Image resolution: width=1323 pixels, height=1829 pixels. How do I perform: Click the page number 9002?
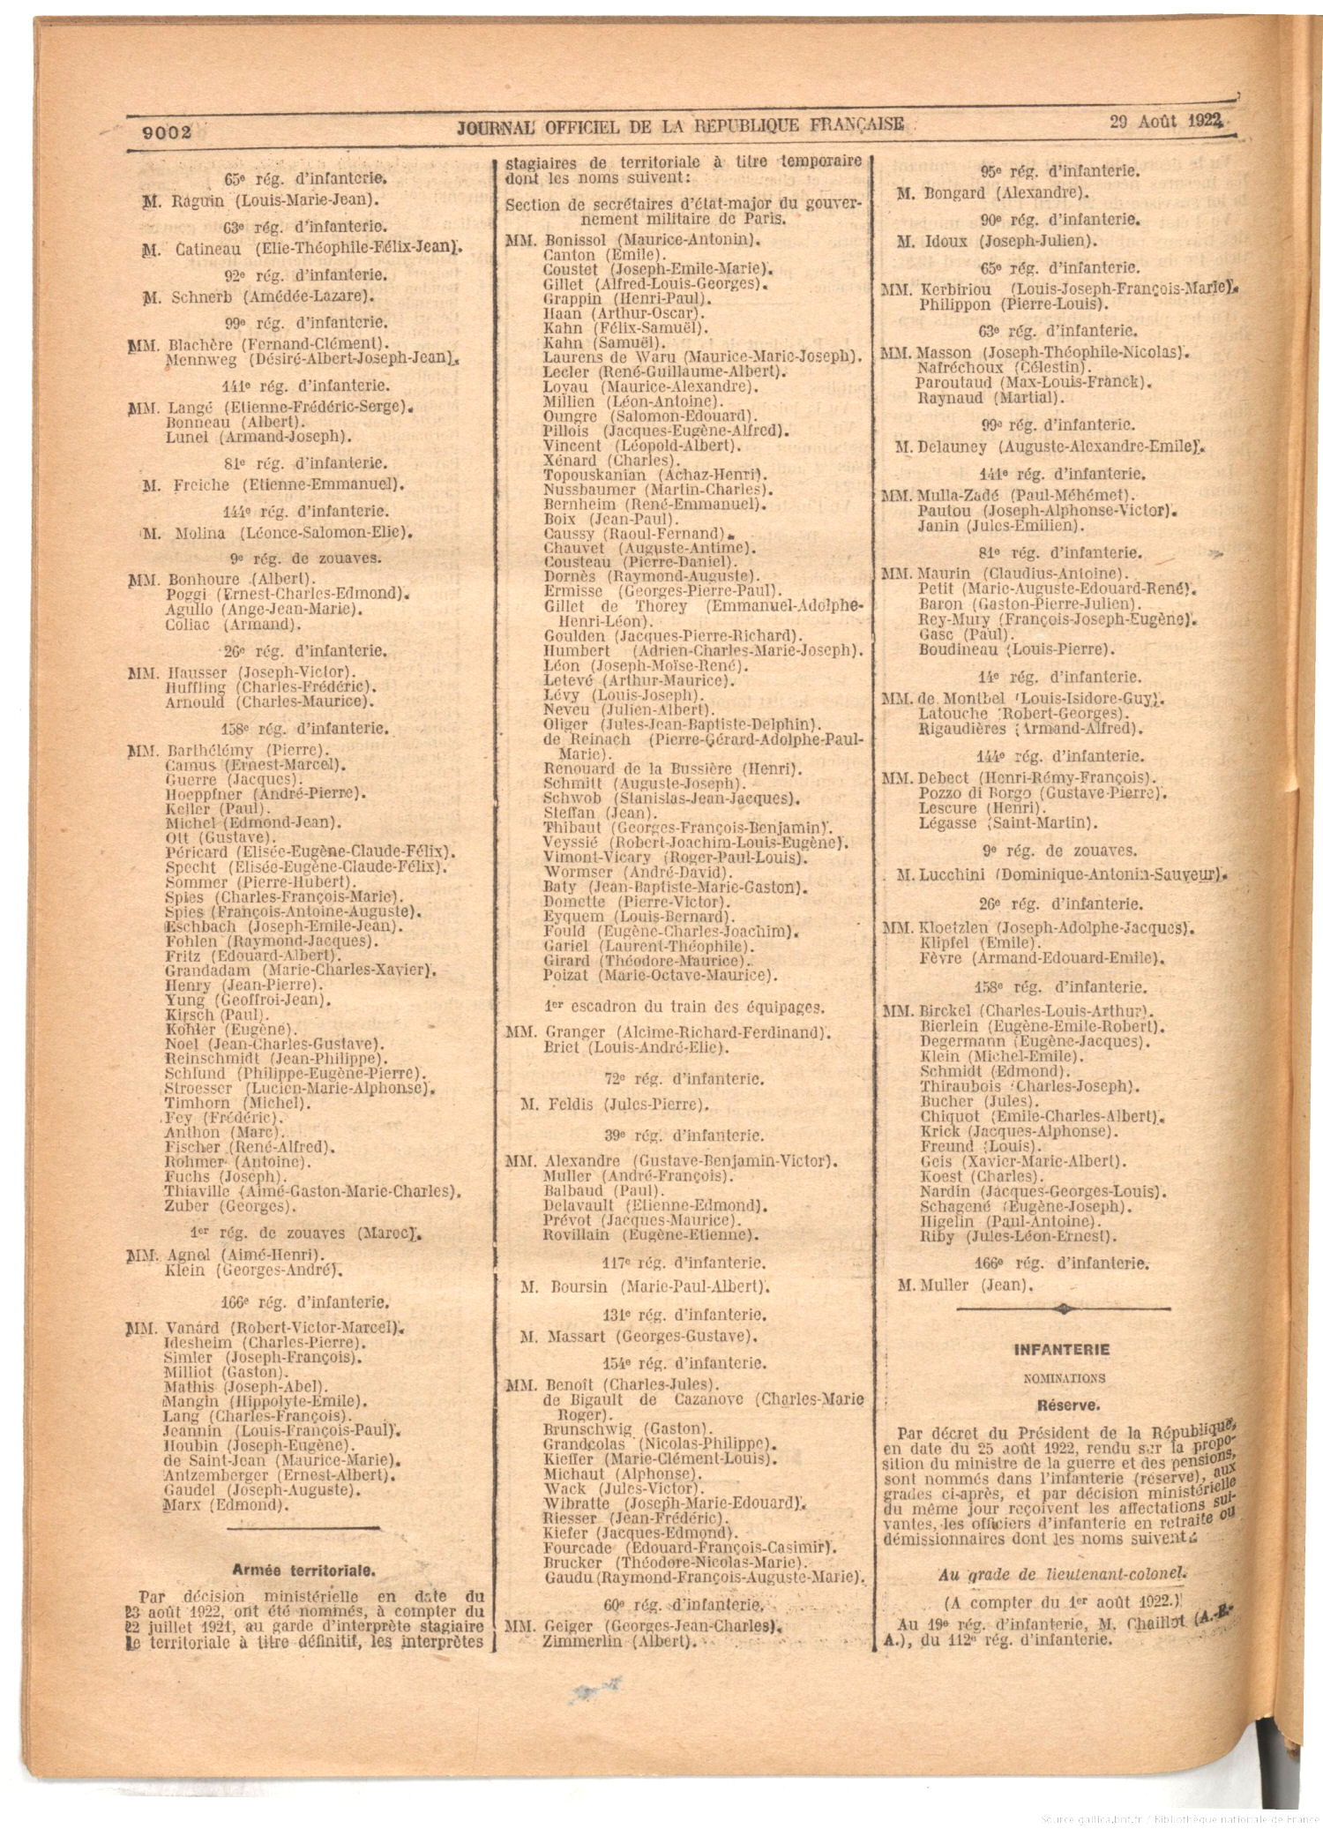pyautogui.click(x=167, y=132)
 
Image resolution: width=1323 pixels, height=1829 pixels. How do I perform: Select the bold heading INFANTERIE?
pyautogui.click(x=1062, y=1349)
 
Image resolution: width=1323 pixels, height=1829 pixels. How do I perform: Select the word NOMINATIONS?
pyautogui.click(x=1062, y=1376)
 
